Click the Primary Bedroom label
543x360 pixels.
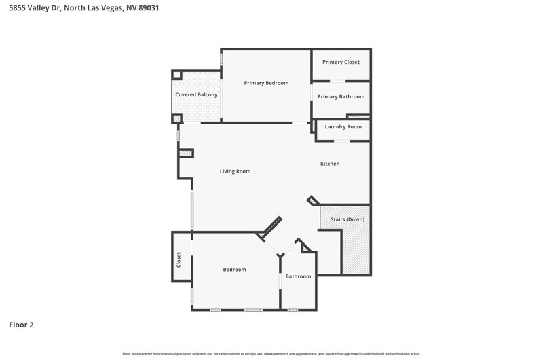pos(266,83)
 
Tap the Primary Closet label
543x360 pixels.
pos(341,62)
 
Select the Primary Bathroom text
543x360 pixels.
pos(341,96)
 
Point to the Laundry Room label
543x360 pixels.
pos(343,127)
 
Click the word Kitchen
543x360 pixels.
pos(330,164)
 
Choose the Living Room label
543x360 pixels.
pos(235,171)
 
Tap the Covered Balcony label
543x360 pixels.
pos(196,94)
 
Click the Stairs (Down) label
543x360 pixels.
pos(348,219)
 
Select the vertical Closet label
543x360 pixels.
pos(179,259)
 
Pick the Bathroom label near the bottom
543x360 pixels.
pos(298,276)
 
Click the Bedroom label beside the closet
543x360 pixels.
pos(234,269)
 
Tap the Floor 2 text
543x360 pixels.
pos(21,325)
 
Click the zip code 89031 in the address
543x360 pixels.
pos(149,7)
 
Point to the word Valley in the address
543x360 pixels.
pos(39,7)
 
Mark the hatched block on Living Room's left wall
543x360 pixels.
pos(185,153)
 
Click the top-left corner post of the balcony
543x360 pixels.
pos(177,75)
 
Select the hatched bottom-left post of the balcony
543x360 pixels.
pos(177,119)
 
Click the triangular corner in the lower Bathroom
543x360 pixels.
pos(305,247)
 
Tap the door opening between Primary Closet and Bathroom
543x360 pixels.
pos(337,82)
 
